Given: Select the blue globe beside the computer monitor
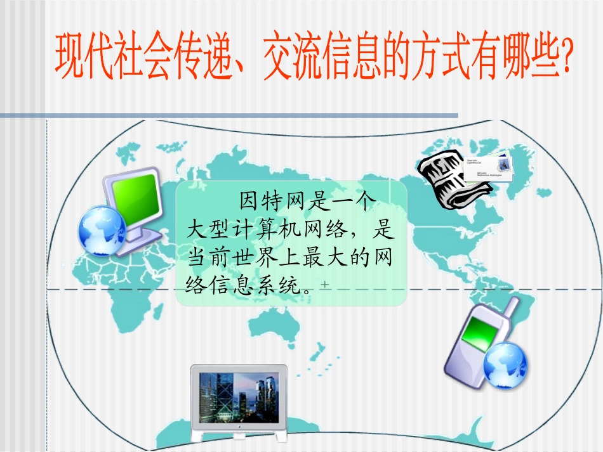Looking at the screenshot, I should click(102, 231).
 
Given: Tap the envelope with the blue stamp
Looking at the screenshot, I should click(489, 167).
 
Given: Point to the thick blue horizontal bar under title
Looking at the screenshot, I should click(229, 115).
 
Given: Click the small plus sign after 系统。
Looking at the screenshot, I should click(325, 286).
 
